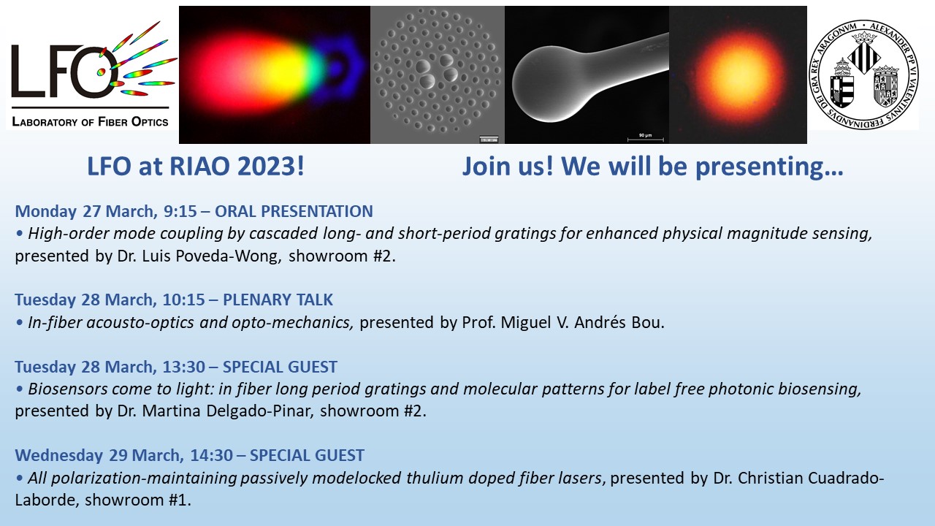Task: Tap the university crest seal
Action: click(864, 75)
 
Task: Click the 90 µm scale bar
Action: click(645, 138)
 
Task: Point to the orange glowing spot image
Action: click(738, 75)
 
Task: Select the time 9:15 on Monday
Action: click(180, 211)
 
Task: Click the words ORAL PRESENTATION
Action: click(294, 211)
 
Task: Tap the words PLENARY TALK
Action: click(278, 300)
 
